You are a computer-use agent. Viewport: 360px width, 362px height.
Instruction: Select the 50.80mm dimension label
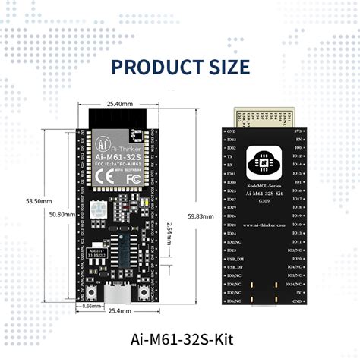[x=62, y=215]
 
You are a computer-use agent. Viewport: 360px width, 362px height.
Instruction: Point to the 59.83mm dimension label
[x=200, y=216]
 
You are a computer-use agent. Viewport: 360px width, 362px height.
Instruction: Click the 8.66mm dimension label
[x=90, y=307]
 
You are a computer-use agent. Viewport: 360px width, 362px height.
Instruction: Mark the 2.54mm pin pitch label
[x=175, y=237]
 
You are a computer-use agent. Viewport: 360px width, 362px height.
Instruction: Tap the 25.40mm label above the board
[x=120, y=104]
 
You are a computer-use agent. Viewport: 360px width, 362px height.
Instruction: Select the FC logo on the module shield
[x=134, y=178]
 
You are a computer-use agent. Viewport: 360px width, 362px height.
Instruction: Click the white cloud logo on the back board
[x=264, y=161]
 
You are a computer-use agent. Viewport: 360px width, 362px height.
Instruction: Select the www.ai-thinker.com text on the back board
[x=264, y=225]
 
